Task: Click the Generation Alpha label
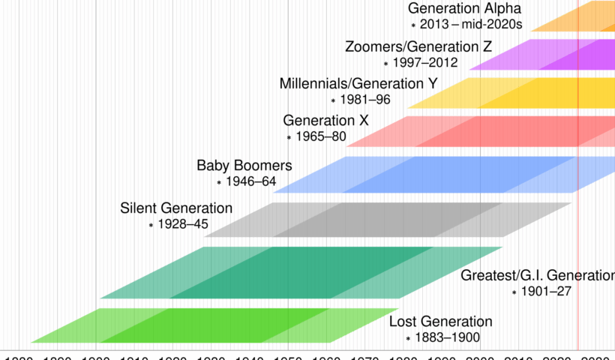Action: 464,9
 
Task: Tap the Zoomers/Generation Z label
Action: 418,47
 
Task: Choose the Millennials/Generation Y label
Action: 358,83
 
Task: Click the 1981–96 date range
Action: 365,99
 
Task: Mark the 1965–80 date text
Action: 321,136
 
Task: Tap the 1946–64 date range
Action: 251,181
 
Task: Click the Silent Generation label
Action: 176,208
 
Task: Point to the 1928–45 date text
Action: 183,223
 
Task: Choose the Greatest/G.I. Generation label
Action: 538,275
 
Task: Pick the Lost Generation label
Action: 441,322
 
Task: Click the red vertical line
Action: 578,225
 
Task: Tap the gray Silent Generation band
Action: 390,219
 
